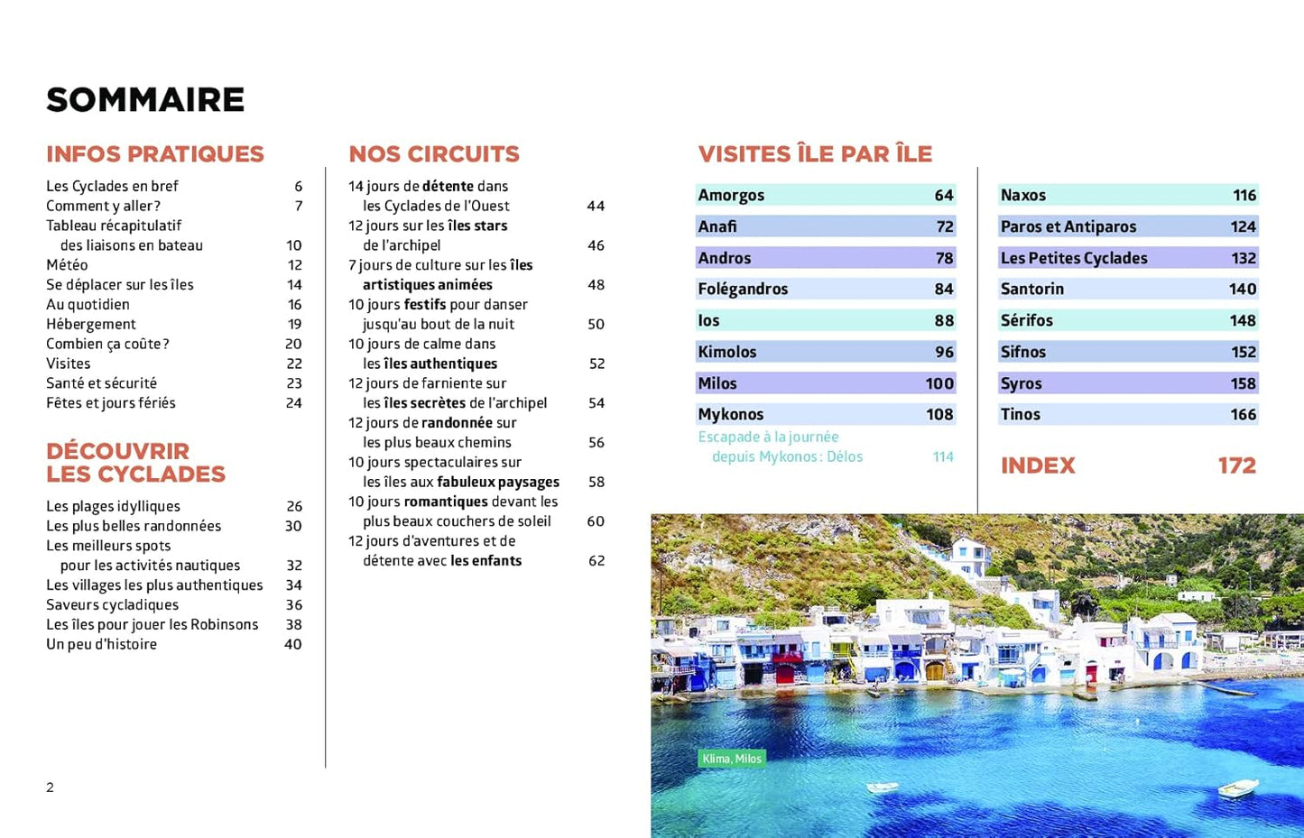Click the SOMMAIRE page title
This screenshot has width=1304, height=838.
pos(145,100)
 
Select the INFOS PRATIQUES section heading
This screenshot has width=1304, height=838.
pos(155,154)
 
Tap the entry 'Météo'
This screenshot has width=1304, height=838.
pos(67,265)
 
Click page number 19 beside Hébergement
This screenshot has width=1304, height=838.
pos(294,324)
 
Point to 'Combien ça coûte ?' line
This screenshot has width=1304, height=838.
pos(107,344)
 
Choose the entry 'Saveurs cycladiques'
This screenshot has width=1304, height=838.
pos(112,605)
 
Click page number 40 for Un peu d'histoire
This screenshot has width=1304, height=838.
pos(292,644)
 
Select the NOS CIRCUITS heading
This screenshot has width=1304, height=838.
pos(434,154)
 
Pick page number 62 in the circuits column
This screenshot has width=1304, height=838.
pos(596,561)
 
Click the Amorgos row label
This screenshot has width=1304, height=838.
pos(731,195)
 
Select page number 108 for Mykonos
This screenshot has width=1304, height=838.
pos(939,414)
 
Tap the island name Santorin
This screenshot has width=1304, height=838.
pos(1031,289)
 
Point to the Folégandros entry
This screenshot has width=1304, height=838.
pos(743,289)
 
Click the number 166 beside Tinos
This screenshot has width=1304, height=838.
pos(1243,414)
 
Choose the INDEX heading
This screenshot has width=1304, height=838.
pos(1038,465)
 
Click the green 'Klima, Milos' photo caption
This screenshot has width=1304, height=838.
pos(732,759)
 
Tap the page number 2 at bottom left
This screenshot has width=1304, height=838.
pos(51,787)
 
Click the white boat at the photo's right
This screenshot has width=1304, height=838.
pos(1238,787)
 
